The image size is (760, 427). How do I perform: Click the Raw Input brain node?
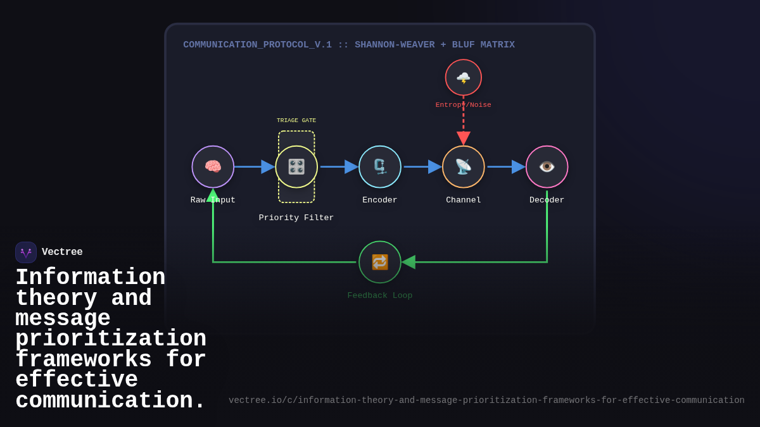[x=213, y=167]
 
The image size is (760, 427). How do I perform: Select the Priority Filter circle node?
[x=296, y=167]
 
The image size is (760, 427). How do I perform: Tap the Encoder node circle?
[x=380, y=167]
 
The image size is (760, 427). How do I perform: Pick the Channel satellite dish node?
[x=464, y=167]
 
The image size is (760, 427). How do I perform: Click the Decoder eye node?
[x=547, y=167]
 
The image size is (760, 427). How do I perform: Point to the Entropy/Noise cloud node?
[x=464, y=78]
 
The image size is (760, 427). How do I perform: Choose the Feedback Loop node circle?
[x=380, y=262]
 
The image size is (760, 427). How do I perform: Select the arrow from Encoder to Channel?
[x=422, y=167]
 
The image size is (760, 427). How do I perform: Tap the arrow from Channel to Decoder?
[x=505, y=167]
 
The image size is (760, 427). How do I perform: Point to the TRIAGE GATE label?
[x=296, y=121]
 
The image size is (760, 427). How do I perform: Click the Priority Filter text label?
[x=296, y=218]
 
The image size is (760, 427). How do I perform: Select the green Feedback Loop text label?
[x=380, y=296]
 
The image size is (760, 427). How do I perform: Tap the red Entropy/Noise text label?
[x=464, y=105]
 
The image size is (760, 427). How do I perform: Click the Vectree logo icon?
[x=26, y=252]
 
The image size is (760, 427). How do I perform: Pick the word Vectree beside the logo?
[x=62, y=252]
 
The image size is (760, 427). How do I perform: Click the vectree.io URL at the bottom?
[x=486, y=400]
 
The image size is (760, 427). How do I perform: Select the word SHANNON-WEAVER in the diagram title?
[x=395, y=45]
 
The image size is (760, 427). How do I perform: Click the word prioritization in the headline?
[x=111, y=339]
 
